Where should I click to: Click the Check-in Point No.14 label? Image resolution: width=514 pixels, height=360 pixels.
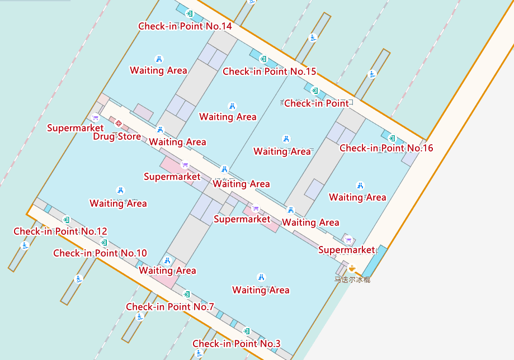pyautogui.click(x=185, y=26)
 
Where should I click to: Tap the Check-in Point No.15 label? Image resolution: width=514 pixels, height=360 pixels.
pyautogui.click(x=270, y=72)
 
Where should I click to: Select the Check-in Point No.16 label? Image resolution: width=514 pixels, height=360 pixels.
pyautogui.click(x=386, y=148)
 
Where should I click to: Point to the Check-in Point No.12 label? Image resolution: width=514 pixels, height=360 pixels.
pyautogui.click(x=60, y=231)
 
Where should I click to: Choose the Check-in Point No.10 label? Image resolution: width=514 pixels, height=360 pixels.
pyautogui.click(x=100, y=253)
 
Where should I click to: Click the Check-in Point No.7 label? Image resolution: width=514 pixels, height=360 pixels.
pyautogui.click(x=170, y=307)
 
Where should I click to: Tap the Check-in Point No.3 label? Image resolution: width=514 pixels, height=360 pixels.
pyautogui.click(x=237, y=343)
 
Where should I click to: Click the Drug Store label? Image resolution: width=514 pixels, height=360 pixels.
pyautogui.click(x=117, y=136)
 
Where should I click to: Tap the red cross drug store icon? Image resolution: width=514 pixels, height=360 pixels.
pyautogui.click(x=119, y=125)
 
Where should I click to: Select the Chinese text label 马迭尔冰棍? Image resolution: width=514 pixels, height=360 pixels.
pyautogui.click(x=352, y=279)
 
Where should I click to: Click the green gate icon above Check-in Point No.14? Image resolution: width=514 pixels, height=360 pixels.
pyautogui.click(x=190, y=13)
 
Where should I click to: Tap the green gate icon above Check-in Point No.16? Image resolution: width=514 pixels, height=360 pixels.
pyautogui.click(x=392, y=138)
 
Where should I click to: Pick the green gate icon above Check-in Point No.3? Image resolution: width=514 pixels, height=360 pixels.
pyautogui.click(x=246, y=331)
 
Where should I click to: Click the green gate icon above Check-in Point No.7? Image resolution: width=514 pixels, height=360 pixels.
pyautogui.click(x=187, y=294)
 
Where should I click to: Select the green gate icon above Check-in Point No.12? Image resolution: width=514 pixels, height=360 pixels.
pyautogui.click(x=67, y=220)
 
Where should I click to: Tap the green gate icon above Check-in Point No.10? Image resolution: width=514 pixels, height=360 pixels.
pyautogui.click(x=104, y=243)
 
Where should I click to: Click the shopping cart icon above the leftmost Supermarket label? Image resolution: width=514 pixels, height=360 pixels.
pyautogui.click(x=95, y=118)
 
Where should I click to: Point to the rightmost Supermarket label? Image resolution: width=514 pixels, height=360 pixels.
pyautogui.click(x=346, y=250)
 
